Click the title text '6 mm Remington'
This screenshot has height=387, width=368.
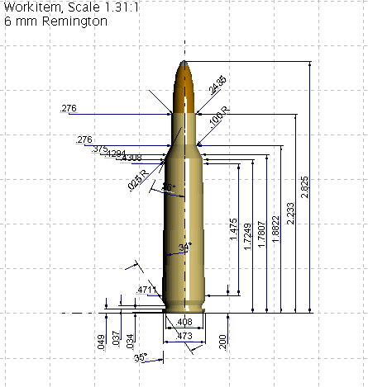click(55, 21)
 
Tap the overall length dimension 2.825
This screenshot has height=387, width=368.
click(305, 189)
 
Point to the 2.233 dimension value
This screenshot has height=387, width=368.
click(290, 213)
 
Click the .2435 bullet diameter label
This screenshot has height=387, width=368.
click(217, 86)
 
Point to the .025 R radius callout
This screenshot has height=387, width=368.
click(137, 179)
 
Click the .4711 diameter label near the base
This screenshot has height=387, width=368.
click(146, 290)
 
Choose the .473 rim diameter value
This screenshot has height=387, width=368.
click(184, 336)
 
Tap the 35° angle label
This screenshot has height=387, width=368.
click(141, 357)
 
